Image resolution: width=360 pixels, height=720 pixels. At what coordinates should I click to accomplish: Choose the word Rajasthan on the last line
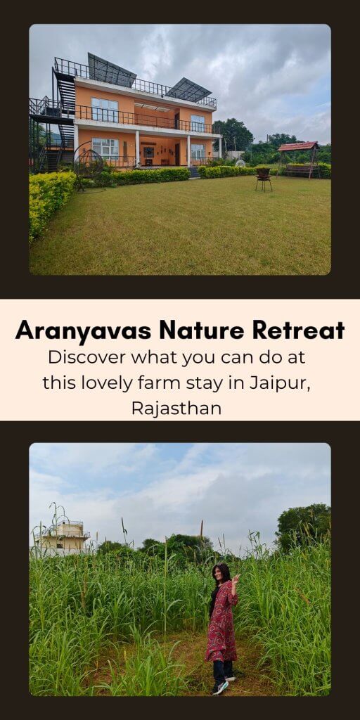click(x=176, y=408)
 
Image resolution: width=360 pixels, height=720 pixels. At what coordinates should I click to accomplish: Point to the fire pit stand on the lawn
click(x=264, y=179)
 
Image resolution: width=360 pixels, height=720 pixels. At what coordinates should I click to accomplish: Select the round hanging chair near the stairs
click(x=88, y=162)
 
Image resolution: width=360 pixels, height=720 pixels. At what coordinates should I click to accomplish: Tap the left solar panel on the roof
click(x=111, y=70)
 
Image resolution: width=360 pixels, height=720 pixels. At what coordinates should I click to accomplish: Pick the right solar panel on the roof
click(x=188, y=89)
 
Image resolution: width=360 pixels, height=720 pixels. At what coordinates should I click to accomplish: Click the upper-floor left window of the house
click(x=105, y=109)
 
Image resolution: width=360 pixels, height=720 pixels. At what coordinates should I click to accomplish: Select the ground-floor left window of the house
click(x=105, y=148)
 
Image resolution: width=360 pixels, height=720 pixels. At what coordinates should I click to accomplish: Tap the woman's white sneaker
click(x=221, y=688)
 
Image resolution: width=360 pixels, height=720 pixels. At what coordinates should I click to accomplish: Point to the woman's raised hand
click(x=236, y=579)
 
